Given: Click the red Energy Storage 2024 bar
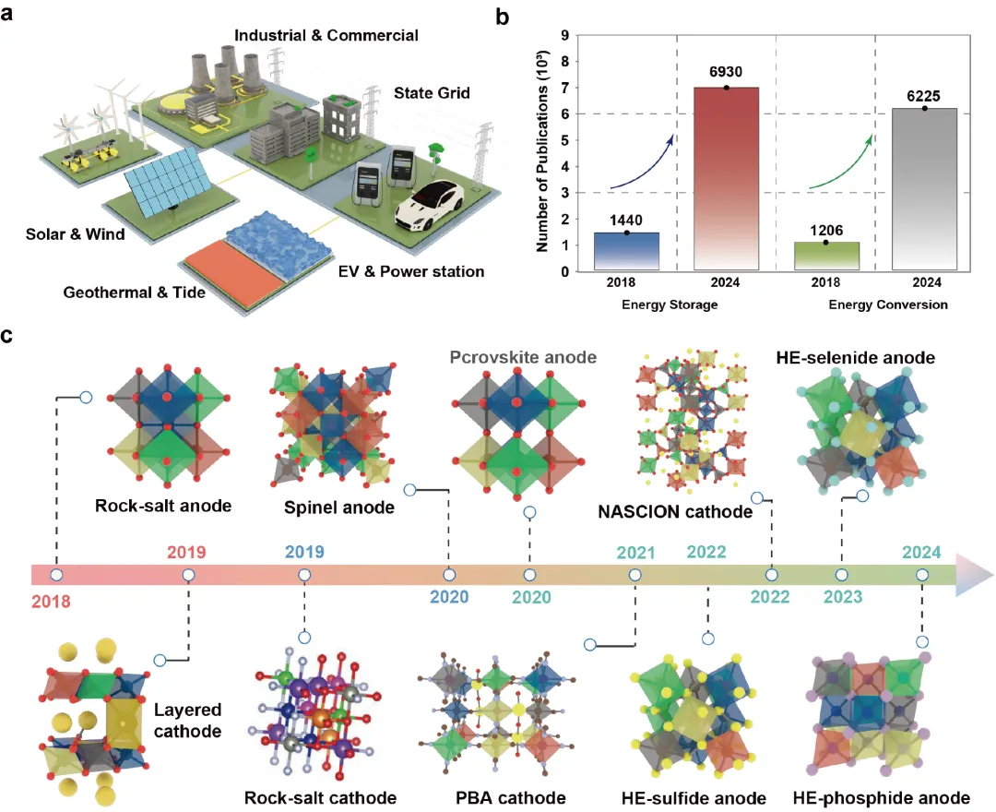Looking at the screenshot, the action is pyautogui.click(x=726, y=178).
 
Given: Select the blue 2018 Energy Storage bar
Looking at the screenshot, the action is pyautogui.click(x=626, y=252).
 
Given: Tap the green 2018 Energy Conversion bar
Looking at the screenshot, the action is pyautogui.click(x=826, y=256).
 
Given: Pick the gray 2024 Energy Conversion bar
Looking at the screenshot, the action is pyautogui.click(x=924, y=189).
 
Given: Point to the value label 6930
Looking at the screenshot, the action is pyautogui.click(x=726, y=72).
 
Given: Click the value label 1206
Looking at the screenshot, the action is pyautogui.click(x=826, y=230).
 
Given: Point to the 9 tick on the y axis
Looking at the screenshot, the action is pyautogui.click(x=564, y=36).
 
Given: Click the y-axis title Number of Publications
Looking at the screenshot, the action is pyautogui.click(x=542, y=151).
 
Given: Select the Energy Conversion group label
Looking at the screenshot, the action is pyautogui.click(x=888, y=305).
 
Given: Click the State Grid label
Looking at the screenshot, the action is pyautogui.click(x=432, y=93).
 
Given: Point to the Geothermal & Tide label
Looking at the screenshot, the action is pyautogui.click(x=134, y=293).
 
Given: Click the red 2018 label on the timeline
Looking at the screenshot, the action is pyautogui.click(x=51, y=601).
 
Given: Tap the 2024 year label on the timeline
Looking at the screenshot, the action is pyautogui.click(x=921, y=552).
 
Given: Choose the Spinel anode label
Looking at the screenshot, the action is pyautogui.click(x=339, y=507).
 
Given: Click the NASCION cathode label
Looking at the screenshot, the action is pyautogui.click(x=675, y=511).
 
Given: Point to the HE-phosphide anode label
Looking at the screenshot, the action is pyautogui.click(x=882, y=798).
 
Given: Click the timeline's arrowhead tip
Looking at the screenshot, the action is pyautogui.click(x=993, y=575).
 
